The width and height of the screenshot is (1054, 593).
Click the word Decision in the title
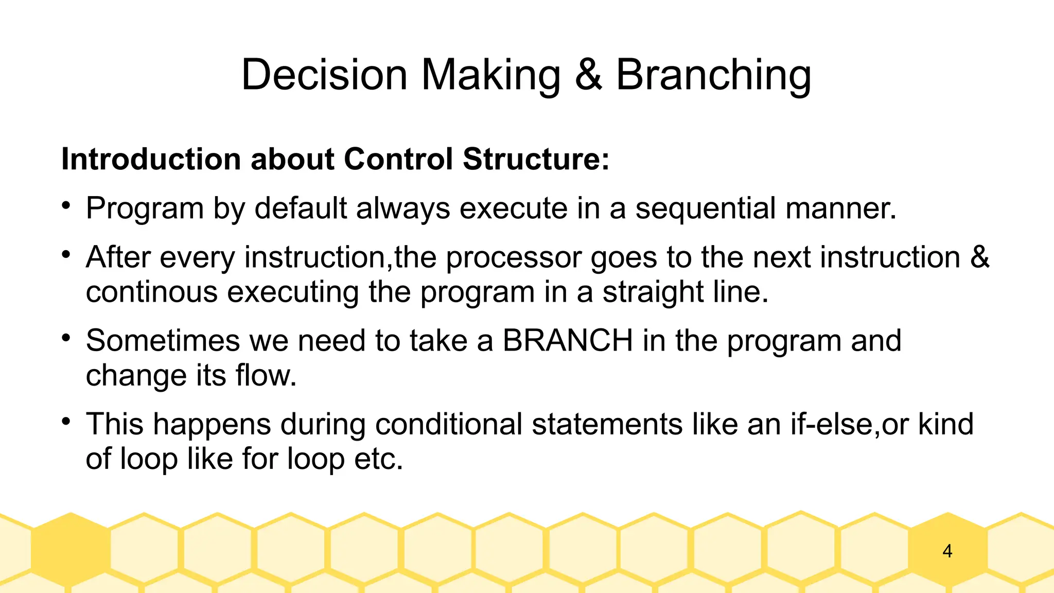tap(324, 75)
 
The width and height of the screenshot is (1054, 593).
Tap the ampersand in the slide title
tap(588, 75)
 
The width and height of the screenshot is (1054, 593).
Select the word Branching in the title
tap(713, 75)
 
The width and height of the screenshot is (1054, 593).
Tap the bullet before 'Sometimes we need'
tap(65, 338)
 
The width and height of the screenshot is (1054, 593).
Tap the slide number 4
tap(947, 551)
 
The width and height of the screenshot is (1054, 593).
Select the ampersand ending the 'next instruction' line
tap(980, 257)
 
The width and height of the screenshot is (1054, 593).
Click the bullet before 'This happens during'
tap(65, 422)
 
